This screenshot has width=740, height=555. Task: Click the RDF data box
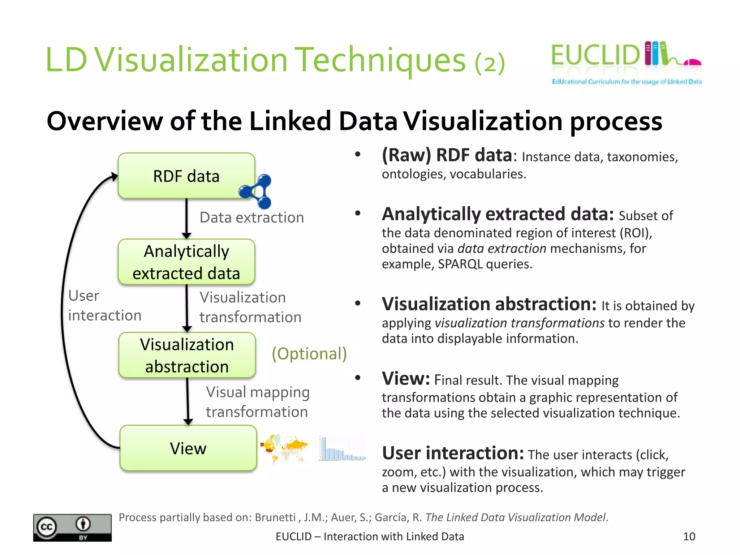pos(186,176)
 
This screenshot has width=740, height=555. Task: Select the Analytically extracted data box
pos(186,262)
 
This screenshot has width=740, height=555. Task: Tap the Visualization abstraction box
pos(187,355)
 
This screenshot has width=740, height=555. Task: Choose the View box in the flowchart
pos(188,448)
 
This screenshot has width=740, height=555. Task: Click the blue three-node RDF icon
pos(257,191)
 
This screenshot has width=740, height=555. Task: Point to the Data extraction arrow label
pos(251,218)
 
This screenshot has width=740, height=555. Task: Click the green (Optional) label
pos(309,353)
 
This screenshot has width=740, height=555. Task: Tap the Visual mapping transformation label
pos(257,402)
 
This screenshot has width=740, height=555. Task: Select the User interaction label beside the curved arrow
pos(104,306)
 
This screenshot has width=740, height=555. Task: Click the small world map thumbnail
pos(284,448)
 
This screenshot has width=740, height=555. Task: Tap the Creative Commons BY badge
pos(72,528)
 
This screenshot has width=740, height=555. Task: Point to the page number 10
pos(689,536)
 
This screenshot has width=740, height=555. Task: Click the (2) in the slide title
pos(490,63)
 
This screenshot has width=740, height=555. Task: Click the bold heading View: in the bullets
pos(406,379)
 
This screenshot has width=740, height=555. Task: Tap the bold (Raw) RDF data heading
pos(447,155)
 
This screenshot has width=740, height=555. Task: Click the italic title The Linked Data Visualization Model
pos(515,517)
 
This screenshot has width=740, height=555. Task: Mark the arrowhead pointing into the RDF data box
pos(115,176)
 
